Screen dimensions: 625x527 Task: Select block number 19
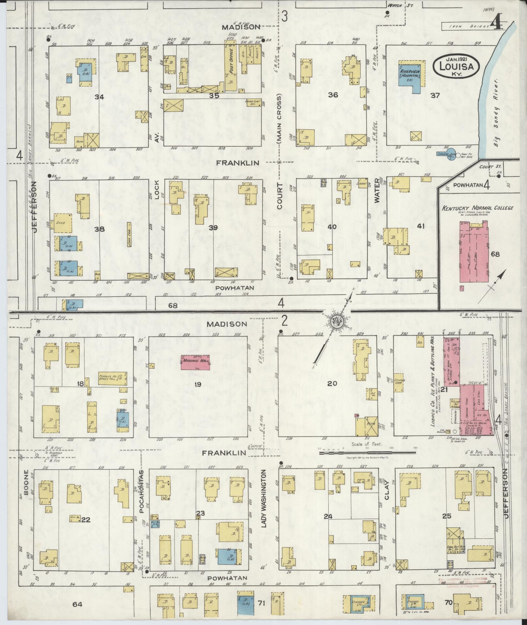(197, 384)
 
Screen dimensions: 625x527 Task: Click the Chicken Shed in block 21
(399, 382)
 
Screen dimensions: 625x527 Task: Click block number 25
(447, 516)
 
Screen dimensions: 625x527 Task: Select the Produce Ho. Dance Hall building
(113, 378)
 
